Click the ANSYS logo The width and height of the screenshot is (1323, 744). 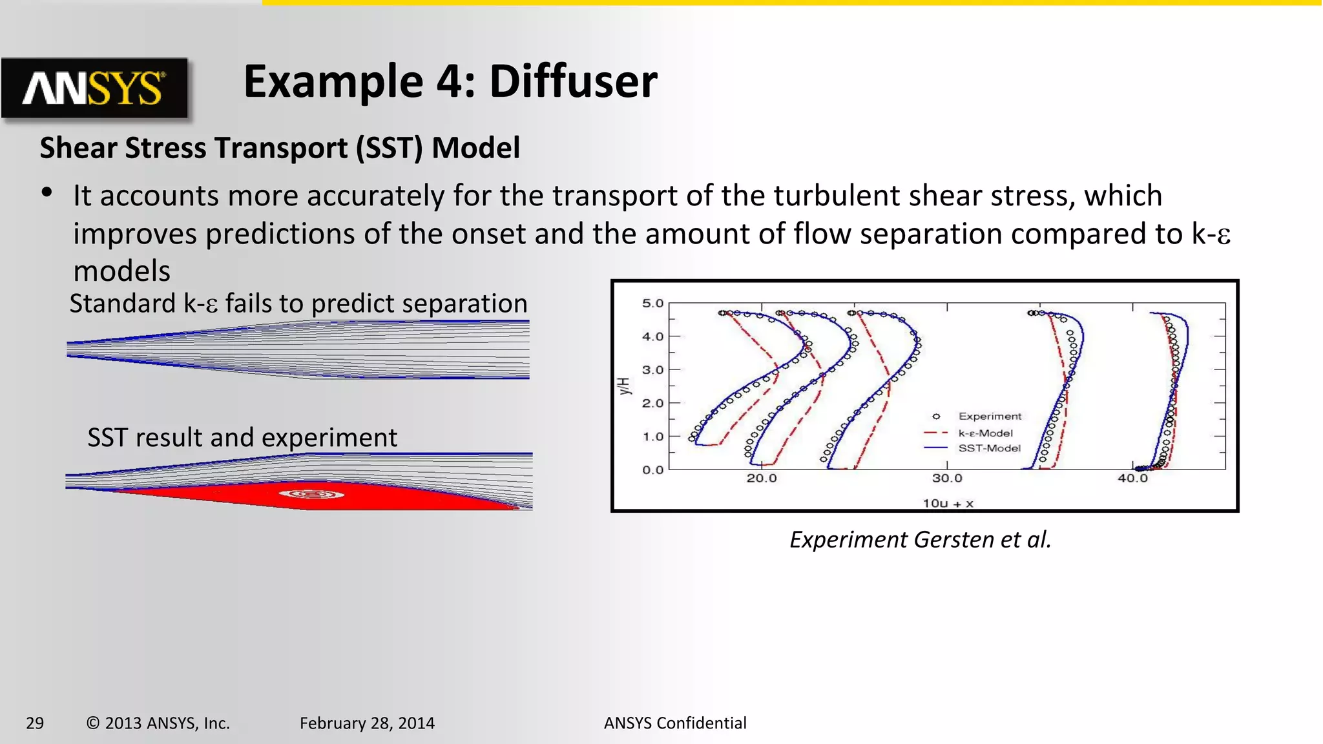tap(94, 88)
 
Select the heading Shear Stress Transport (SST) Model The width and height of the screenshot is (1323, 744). tap(280, 148)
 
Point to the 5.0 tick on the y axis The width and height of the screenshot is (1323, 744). tap(652, 303)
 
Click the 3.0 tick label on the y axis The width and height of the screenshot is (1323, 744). tap(652, 369)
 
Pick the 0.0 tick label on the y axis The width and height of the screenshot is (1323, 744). tap(652, 470)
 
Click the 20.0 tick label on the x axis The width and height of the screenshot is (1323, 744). tap(762, 479)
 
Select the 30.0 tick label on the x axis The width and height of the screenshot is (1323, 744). tap(947, 479)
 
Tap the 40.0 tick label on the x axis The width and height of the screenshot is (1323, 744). tap(1132, 479)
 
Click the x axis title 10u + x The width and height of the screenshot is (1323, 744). tap(948, 503)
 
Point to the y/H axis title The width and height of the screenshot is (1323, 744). tap(623, 386)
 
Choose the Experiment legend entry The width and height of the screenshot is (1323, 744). tap(989, 417)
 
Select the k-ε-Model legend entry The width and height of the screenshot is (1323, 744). tap(985, 433)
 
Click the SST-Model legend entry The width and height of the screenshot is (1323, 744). tap(989, 448)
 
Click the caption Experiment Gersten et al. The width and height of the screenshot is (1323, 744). tap(921, 539)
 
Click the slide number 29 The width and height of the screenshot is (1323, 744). tap(35, 723)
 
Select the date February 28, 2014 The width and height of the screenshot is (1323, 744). tap(367, 723)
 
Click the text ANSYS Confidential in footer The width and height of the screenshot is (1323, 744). tap(675, 723)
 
